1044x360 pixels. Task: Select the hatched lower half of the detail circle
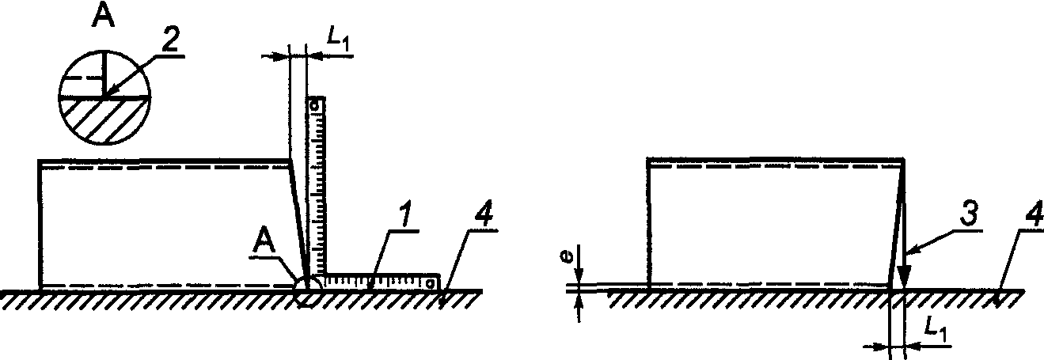[x=103, y=118]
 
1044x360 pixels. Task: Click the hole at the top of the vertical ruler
[x=314, y=104]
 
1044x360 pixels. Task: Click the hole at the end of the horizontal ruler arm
[x=430, y=282]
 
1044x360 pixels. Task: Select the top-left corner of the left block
[x=40, y=161]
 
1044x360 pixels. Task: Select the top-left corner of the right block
[x=648, y=160]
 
